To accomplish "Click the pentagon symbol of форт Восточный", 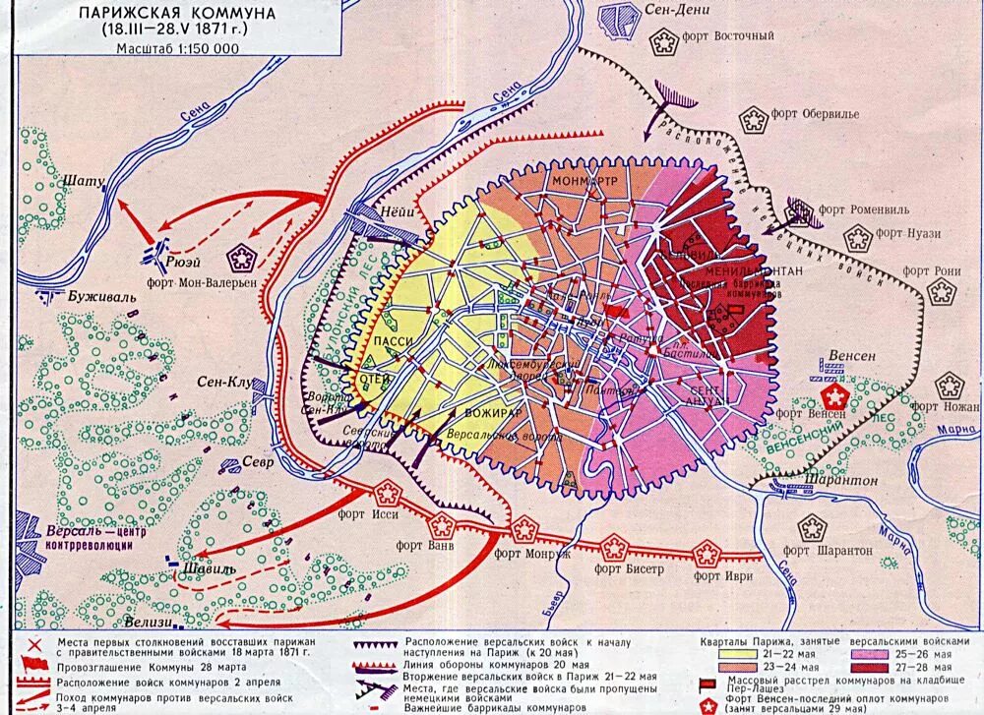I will point(666,40).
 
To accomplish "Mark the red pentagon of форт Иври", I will point(706,553).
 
